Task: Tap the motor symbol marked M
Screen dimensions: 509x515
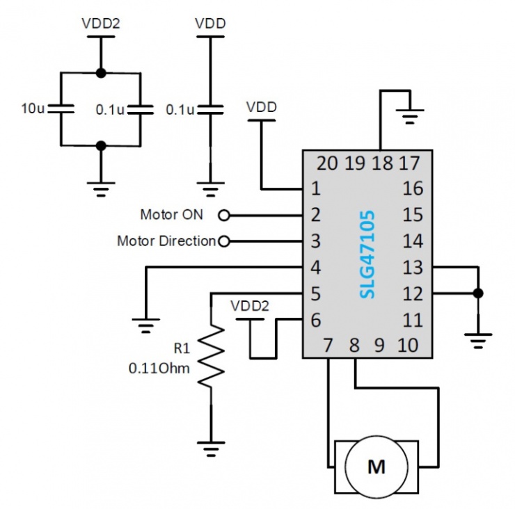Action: pyautogui.click(x=377, y=466)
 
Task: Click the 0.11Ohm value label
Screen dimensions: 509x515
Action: pyautogui.click(x=159, y=368)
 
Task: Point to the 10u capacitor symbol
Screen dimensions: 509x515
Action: pyautogui.click(x=62, y=108)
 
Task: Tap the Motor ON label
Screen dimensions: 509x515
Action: pyautogui.click(x=171, y=214)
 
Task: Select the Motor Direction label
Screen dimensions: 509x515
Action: pyautogui.click(x=166, y=241)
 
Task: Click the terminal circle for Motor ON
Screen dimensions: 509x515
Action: pyautogui.click(x=224, y=215)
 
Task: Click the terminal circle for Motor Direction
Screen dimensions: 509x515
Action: pyautogui.click(x=224, y=241)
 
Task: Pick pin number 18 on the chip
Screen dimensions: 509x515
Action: pyautogui.click(x=382, y=164)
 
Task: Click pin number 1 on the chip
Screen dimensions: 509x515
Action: pyautogui.click(x=316, y=188)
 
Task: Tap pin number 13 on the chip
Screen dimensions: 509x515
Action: pyautogui.click(x=412, y=267)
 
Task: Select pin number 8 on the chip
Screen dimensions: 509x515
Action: pyautogui.click(x=354, y=344)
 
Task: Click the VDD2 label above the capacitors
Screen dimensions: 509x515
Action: pyautogui.click(x=101, y=23)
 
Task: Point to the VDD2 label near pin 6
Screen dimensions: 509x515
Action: pyautogui.click(x=250, y=306)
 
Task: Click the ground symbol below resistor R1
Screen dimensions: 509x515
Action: pyautogui.click(x=211, y=446)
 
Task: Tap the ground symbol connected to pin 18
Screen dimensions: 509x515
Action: pyautogui.click(x=410, y=115)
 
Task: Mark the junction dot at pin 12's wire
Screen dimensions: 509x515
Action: pyautogui.click(x=478, y=293)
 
